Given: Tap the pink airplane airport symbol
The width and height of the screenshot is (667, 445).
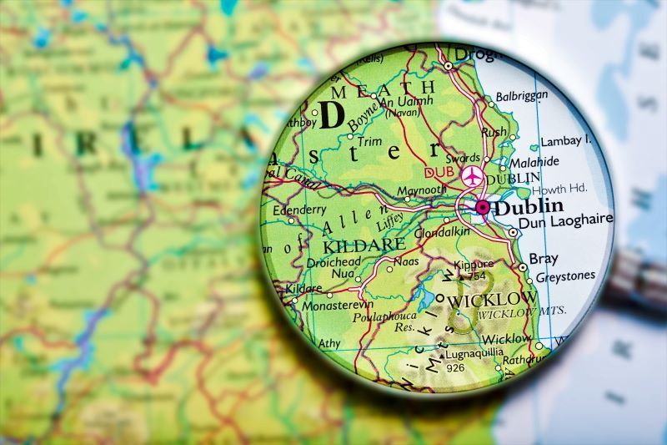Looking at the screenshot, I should (x=473, y=176).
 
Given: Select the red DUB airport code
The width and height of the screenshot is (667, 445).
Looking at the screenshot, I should (x=440, y=173).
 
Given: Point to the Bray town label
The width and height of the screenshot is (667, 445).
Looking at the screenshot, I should (x=544, y=259).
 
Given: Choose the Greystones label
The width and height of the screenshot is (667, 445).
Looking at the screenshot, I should (x=565, y=276).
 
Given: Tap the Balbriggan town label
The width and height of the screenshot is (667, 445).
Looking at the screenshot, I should (x=522, y=96).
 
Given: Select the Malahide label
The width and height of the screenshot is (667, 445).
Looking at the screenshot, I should (x=534, y=162).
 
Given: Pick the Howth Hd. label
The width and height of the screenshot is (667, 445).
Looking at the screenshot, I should (x=559, y=190).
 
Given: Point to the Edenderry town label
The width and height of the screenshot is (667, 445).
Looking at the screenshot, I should (x=300, y=210).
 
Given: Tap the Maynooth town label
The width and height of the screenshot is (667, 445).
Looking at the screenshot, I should (x=421, y=191).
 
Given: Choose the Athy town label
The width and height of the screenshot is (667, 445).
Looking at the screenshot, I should (x=329, y=343).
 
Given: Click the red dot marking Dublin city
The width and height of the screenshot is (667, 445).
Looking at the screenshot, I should (x=482, y=206).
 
